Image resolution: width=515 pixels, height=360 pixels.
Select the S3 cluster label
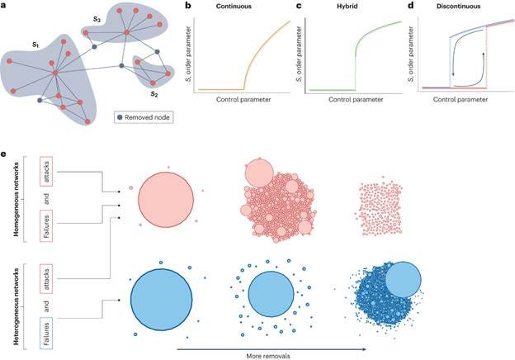click(x=98, y=17)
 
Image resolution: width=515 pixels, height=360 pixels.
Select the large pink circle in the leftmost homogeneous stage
click(x=166, y=199)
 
